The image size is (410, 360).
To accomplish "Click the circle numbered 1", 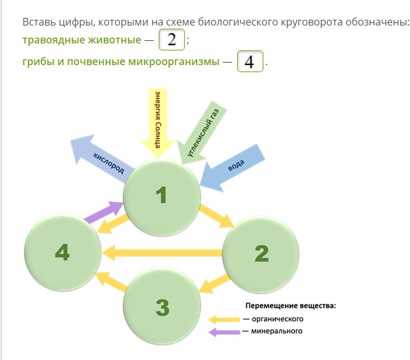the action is click(162, 197).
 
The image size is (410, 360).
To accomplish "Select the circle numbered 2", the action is click(261, 254).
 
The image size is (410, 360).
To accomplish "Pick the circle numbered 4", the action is click(62, 252).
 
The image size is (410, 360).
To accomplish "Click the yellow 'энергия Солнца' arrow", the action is click(157, 123).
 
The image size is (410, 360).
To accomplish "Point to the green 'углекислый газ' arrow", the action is click(201, 133).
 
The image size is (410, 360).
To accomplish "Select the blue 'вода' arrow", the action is click(232, 168).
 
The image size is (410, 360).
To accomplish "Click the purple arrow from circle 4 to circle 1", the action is click(104, 212).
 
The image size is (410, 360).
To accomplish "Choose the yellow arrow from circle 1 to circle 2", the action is click(217, 216).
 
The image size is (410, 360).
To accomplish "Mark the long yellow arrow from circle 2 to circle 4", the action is click(162, 253).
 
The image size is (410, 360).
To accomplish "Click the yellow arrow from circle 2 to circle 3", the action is click(214, 283).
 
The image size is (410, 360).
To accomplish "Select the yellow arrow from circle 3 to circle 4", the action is click(112, 281).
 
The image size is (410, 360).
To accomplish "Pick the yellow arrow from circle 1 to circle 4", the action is click(113, 223).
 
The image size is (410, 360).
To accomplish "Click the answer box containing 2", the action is click(172, 40).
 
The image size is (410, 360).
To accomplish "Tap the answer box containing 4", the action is click(250, 61).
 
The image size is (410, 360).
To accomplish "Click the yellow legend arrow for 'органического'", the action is click(224, 320).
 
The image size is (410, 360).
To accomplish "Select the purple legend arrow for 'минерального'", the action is click(224, 332).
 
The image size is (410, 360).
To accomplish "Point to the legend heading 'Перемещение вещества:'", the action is click(291, 306).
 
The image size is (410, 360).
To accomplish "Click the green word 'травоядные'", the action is click(54, 40).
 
